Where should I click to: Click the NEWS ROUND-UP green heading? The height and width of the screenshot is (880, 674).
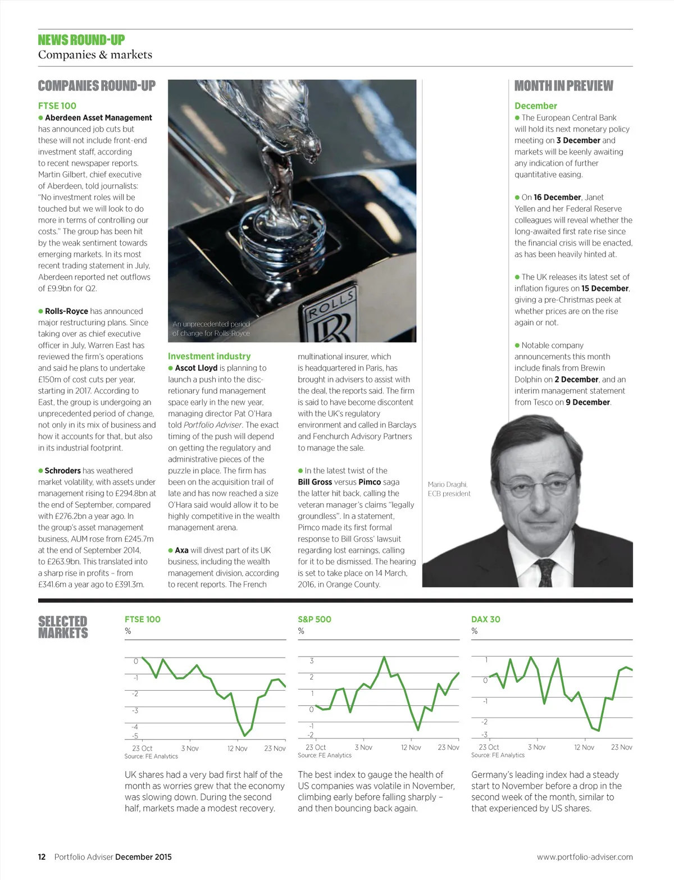pyautogui.click(x=81, y=40)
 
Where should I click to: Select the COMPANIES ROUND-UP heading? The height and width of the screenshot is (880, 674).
pyautogui.click(x=97, y=86)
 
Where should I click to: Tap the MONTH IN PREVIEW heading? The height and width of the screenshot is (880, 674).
pyautogui.click(x=563, y=86)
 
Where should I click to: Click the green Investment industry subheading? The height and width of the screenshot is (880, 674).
pyautogui.click(x=209, y=356)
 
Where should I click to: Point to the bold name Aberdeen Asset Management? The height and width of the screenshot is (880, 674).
pyautogui.click(x=98, y=117)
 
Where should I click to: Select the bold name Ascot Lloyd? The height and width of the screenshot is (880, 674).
pyautogui.click(x=196, y=368)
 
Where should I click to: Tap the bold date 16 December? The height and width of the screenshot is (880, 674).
pyautogui.click(x=557, y=197)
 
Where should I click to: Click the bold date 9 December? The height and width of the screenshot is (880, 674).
pyautogui.click(x=588, y=402)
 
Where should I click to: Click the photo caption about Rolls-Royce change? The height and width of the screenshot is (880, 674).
pyautogui.click(x=211, y=329)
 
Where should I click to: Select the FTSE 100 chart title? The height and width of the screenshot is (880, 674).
pyautogui.click(x=142, y=619)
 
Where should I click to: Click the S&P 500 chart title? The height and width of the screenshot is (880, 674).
pyautogui.click(x=315, y=619)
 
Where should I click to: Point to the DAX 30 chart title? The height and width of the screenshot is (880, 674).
pyautogui.click(x=485, y=619)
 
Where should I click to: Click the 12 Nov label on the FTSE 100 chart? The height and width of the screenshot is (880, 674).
pyautogui.click(x=237, y=748)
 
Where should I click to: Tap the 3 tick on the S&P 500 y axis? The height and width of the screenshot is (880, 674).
pyautogui.click(x=312, y=660)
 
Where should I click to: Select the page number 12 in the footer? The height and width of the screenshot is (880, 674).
pyautogui.click(x=42, y=857)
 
